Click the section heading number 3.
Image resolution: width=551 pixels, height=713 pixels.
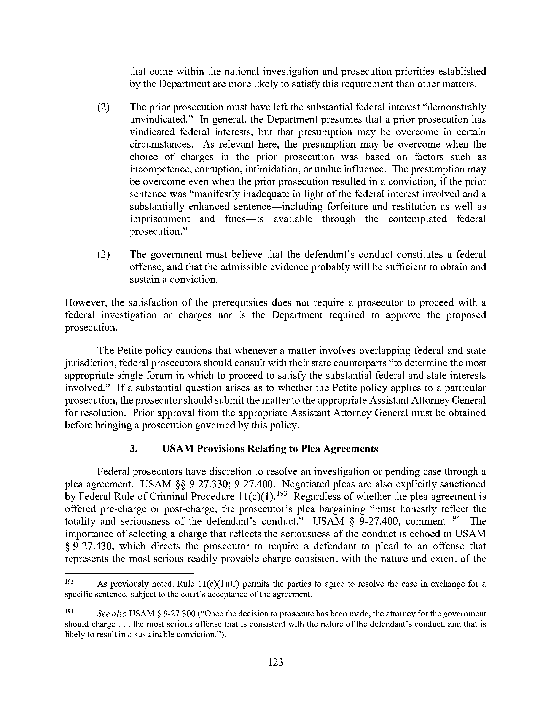(133, 449)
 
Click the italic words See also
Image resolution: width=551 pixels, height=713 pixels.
(112, 614)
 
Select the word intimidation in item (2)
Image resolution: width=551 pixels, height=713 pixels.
(271, 169)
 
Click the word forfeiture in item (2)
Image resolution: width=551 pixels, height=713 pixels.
(350, 207)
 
